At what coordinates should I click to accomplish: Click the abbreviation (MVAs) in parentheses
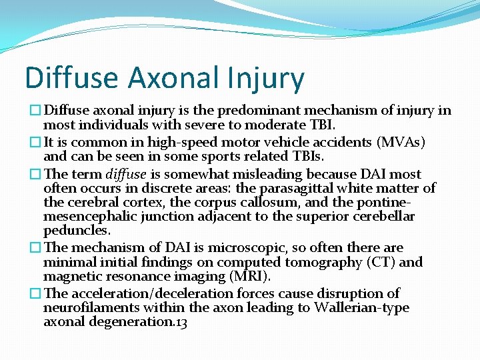coord(401,142)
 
